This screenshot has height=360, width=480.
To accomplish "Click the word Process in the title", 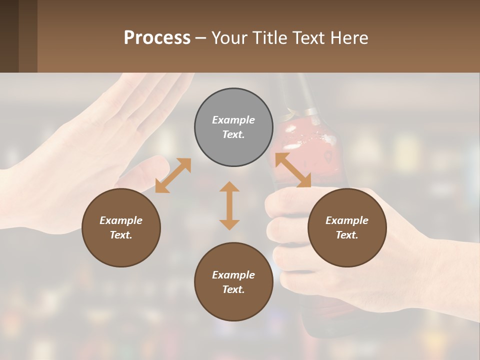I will tap(157, 38).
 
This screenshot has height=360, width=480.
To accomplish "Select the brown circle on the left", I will tap(121, 245).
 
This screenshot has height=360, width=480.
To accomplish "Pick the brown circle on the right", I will tap(347, 245).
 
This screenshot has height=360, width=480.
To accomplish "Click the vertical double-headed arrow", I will tap(229, 205).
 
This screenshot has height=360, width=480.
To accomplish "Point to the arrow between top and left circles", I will tap(173, 175).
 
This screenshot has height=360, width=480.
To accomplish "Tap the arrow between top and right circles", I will tap(293, 170).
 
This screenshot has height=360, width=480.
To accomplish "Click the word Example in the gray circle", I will tap(233, 120).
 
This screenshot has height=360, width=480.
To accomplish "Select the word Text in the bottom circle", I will tap(232, 289).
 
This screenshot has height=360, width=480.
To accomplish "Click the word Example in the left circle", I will tap(121, 220).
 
